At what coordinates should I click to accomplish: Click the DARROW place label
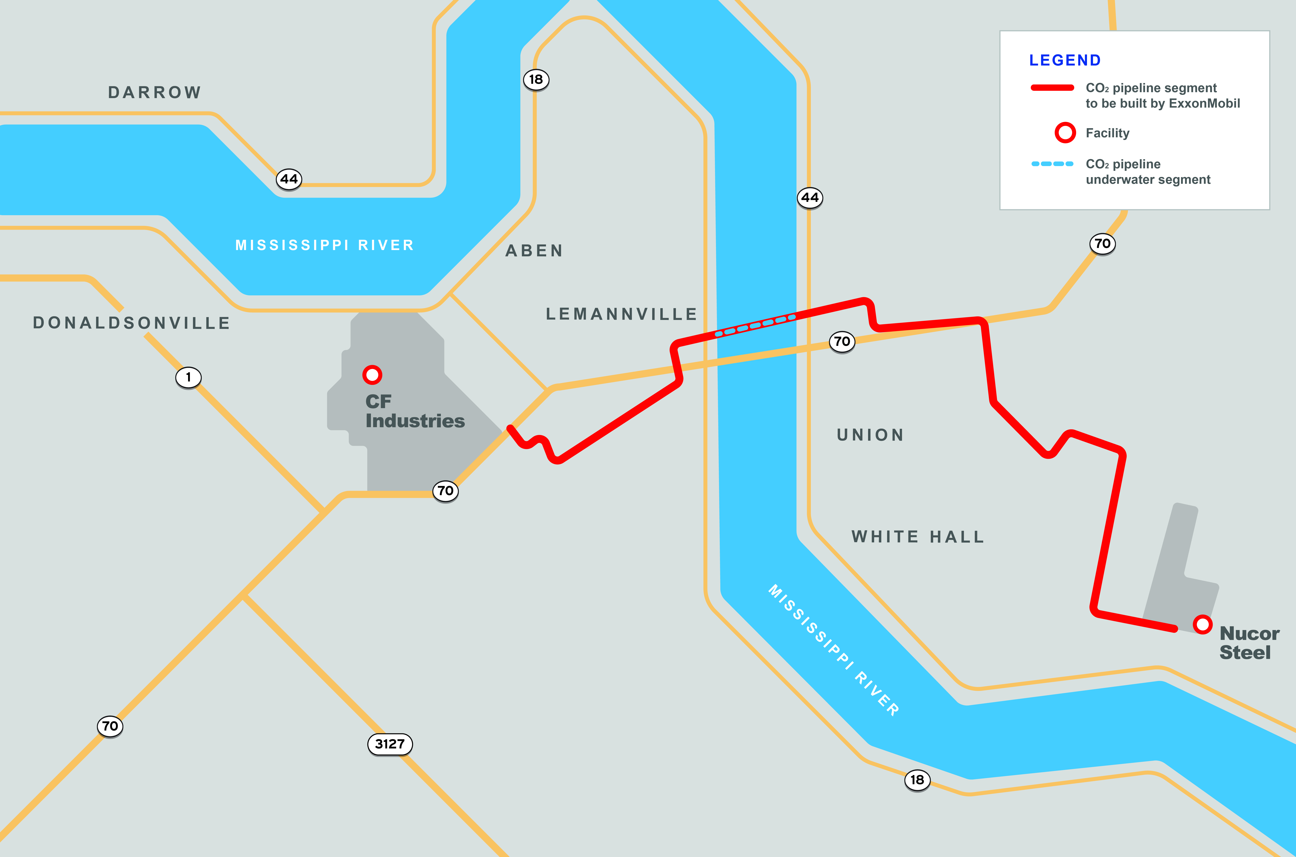coord(155,92)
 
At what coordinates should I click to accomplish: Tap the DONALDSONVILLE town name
coord(132,323)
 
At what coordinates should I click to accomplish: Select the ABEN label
coord(534,251)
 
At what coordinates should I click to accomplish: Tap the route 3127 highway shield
coord(389,744)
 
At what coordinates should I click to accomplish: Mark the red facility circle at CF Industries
coord(372,375)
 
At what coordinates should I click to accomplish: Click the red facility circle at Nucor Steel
coord(1202,624)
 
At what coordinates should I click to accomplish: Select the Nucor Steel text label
coord(1249,643)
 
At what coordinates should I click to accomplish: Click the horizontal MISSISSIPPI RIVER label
coord(325,245)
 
